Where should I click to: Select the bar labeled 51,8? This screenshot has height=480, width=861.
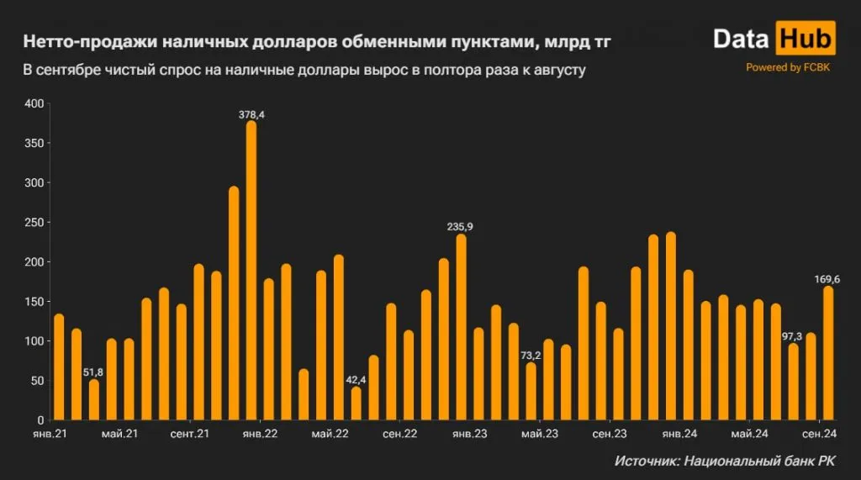tap(93, 400)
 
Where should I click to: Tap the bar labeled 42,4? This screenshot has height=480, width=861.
tap(356, 404)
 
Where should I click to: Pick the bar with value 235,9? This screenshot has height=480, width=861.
tap(461, 327)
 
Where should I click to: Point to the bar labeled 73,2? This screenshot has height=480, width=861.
tap(531, 392)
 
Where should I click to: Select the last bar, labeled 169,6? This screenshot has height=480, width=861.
tap(828, 353)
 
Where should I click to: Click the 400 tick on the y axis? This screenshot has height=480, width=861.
tap(34, 103)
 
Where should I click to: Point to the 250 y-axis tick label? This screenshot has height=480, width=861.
tap(34, 222)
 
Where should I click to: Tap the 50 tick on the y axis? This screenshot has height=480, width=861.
tap(36, 381)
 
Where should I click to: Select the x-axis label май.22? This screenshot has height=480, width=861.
tap(330, 434)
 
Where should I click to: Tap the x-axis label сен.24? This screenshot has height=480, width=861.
tap(817, 434)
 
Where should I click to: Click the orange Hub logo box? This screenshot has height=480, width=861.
tap(805, 39)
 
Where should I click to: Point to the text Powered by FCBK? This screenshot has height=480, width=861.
tap(787, 67)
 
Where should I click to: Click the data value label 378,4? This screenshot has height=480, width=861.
tap(251, 114)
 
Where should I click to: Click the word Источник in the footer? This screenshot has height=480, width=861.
tap(645, 461)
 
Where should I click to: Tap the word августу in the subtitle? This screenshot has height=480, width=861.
tap(556, 71)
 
